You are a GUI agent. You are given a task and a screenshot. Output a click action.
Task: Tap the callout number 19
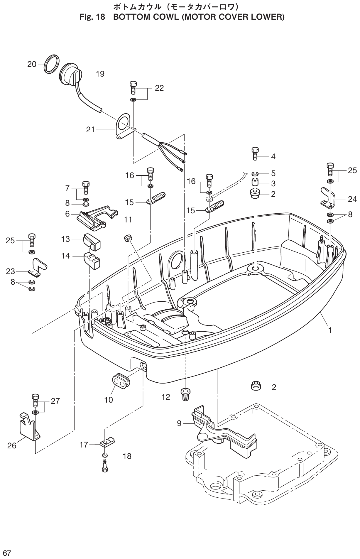click(100, 74)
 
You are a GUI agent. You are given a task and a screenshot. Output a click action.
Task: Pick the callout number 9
click(179, 423)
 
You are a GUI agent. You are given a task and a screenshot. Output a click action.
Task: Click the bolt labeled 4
click(255, 153)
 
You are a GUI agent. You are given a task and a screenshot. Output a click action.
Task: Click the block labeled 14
click(92, 259)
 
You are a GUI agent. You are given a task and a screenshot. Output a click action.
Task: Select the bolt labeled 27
click(35, 400)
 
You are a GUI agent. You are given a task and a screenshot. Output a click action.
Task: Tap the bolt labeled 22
click(133, 87)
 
